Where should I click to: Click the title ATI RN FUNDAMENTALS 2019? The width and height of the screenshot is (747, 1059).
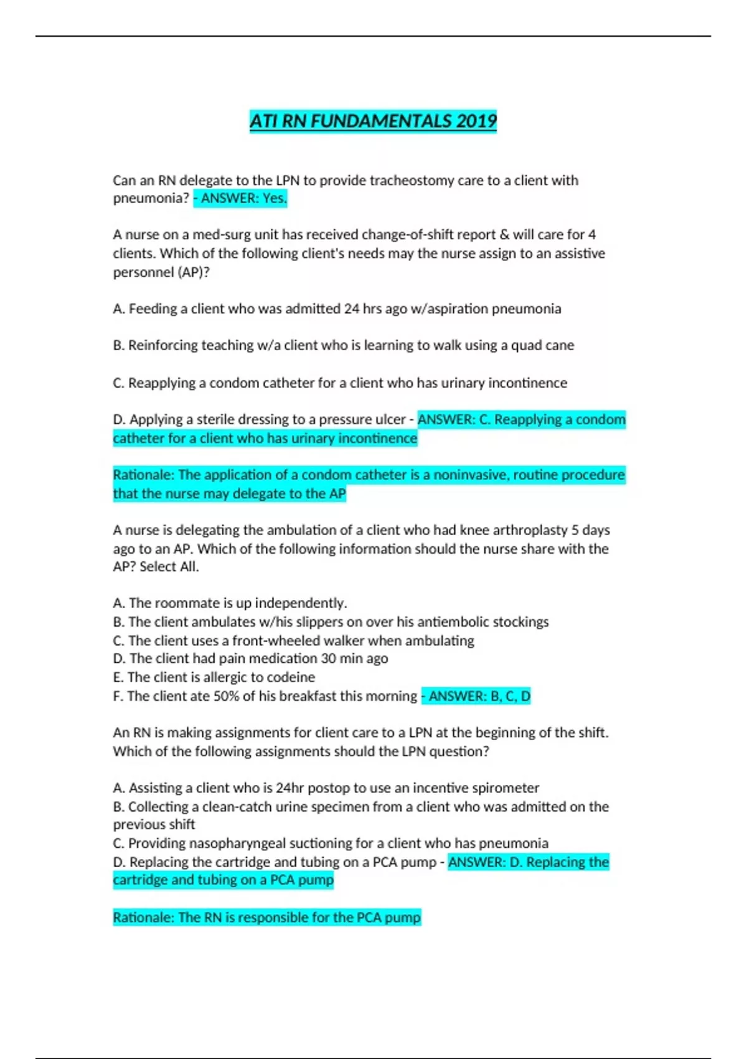tap(373, 120)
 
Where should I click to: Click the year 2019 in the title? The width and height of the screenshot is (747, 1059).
tap(476, 120)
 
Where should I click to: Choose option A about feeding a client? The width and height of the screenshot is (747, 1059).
tap(337, 309)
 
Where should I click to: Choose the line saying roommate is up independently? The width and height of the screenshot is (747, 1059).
tap(230, 603)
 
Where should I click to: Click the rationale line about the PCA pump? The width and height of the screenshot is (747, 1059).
tap(266, 918)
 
